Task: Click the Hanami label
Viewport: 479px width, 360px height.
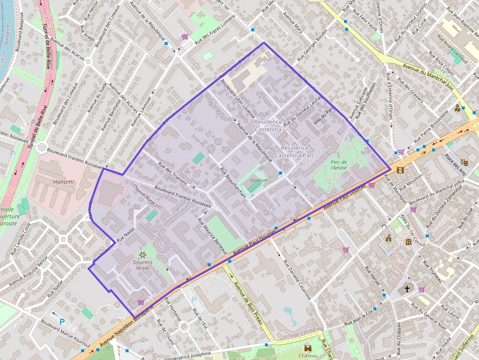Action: click(64, 182)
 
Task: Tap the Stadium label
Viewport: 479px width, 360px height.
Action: click(259, 180)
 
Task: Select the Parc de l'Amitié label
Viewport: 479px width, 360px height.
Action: click(345, 165)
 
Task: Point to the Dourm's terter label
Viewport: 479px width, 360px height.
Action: click(143, 265)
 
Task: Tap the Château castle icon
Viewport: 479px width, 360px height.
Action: click(308, 349)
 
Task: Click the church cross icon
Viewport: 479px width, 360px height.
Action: click(407, 289)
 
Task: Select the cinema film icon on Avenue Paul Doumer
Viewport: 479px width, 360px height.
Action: click(401, 170)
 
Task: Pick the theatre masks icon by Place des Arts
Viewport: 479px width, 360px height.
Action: click(464, 162)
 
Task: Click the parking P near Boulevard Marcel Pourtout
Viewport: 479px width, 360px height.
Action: click(62, 322)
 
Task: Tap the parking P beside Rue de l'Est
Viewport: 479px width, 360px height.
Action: click(194, 299)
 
